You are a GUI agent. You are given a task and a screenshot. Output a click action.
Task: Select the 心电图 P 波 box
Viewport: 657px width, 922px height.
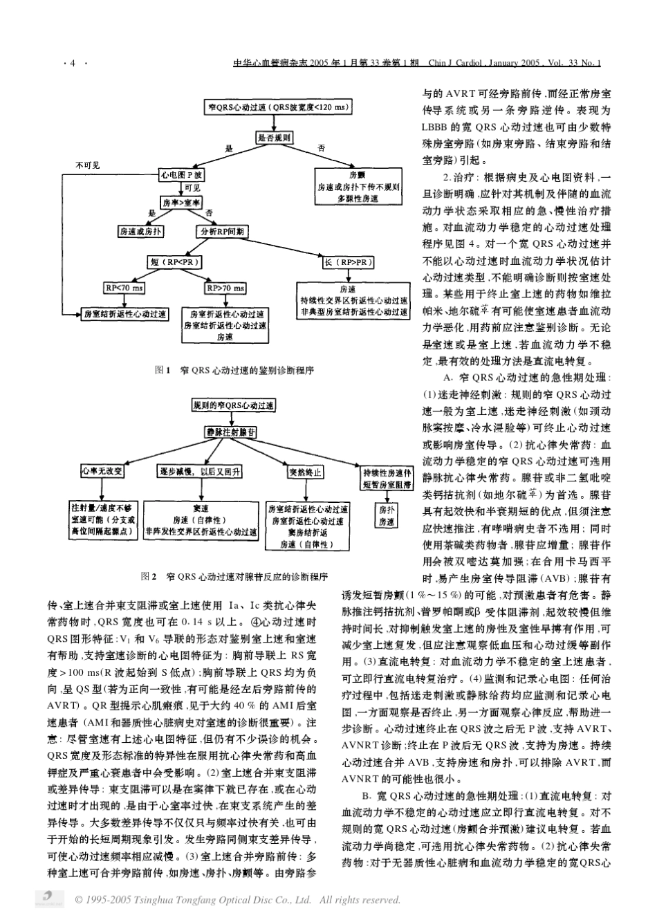(182, 176)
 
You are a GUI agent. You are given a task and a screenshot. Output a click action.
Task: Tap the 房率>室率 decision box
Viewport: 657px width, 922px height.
(182, 203)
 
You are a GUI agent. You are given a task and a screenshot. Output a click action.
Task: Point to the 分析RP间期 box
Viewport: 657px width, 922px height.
(223, 232)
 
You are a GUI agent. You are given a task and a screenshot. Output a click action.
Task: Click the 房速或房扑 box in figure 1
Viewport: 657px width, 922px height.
(140, 232)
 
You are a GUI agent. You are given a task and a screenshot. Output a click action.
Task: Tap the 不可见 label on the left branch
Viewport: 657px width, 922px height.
(87, 165)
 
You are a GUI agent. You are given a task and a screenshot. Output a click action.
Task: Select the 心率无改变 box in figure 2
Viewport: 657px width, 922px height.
(102, 471)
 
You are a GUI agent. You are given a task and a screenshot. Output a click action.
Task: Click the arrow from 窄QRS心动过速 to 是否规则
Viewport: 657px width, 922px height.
(275, 122)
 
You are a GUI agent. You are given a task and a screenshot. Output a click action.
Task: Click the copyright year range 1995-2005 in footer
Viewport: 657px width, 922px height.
(108, 900)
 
